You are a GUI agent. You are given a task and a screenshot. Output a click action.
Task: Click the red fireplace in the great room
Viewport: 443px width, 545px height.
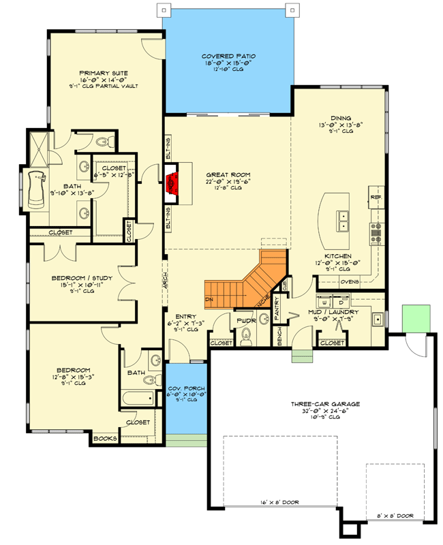pyautogui.click(x=172, y=183)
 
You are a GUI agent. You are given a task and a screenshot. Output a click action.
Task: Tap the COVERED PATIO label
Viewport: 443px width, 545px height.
pyautogui.click(x=228, y=57)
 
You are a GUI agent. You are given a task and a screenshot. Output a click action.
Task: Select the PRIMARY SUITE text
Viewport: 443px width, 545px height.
pyautogui.click(x=104, y=73)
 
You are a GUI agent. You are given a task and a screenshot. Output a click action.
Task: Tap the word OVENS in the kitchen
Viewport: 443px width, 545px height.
pyautogui.click(x=350, y=280)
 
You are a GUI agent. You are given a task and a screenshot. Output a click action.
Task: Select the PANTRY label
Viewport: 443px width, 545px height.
pyautogui.click(x=277, y=309)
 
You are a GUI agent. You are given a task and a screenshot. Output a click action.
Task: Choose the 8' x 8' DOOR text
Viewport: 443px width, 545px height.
pyautogui.click(x=395, y=516)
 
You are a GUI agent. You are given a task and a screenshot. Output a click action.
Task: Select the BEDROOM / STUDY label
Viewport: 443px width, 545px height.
pyautogui.click(x=82, y=278)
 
